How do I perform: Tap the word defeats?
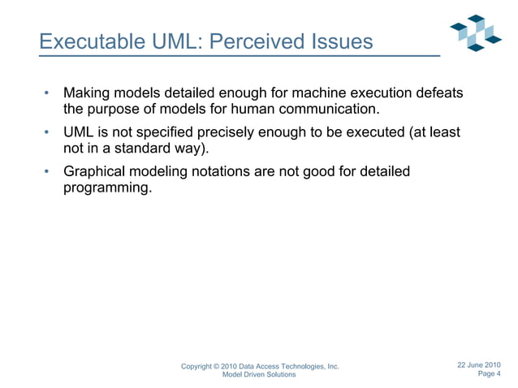(x=439, y=93)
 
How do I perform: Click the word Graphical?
(x=97, y=171)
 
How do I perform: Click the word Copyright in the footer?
(x=199, y=367)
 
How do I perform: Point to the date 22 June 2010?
(x=479, y=364)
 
